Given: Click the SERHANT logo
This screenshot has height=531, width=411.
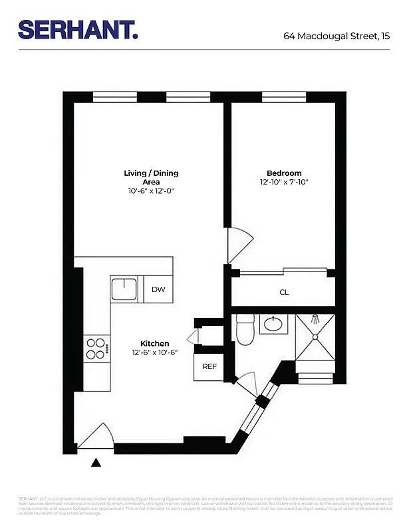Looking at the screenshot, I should pos(78,29).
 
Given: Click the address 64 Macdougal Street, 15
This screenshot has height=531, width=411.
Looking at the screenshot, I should pos(337,36).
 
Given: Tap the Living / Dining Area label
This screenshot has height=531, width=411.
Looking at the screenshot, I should pos(151,177).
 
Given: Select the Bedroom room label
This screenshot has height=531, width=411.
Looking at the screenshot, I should pos(284,173).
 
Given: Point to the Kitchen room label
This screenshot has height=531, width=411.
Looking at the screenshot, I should pos(154,343).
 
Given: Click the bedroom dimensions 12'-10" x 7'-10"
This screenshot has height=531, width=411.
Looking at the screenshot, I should pos(284,182).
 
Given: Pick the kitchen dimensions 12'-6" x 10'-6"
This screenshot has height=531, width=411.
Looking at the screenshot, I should pos(154,352).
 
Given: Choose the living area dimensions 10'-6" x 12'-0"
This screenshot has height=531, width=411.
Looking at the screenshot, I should pos(151,190).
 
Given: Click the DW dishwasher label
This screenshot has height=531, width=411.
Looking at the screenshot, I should pos(158,289).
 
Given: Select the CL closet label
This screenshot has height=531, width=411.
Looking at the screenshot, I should pos(284,292).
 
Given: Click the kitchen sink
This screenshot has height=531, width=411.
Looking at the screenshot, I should pos(124,289).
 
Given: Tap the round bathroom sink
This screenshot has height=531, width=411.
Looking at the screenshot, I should pos(272,325).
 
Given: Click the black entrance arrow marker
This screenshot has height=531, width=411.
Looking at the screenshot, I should pos(96,463).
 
